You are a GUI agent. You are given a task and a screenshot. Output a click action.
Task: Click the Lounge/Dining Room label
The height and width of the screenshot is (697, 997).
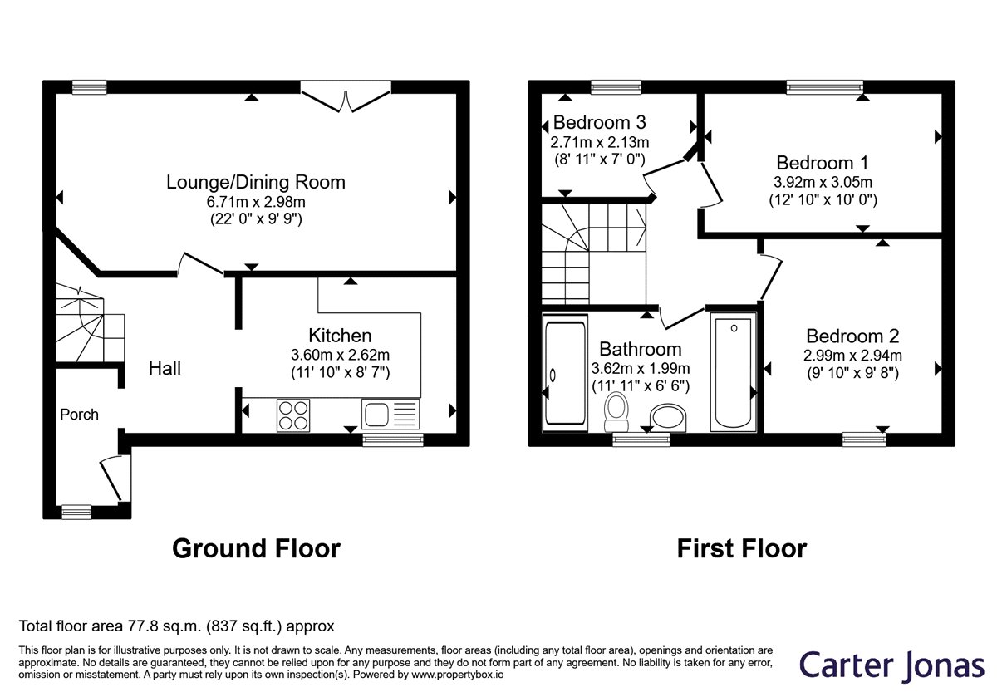(x=256, y=183)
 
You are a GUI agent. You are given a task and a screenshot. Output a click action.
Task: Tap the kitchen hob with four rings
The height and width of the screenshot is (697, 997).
(x=293, y=415)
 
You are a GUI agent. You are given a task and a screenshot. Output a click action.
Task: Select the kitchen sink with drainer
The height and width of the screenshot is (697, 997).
(x=390, y=414)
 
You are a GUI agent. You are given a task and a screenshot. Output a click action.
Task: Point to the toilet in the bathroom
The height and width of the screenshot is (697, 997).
(x=616, y=412)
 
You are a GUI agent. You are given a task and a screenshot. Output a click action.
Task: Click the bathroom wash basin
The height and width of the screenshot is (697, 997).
(x=668, y=418)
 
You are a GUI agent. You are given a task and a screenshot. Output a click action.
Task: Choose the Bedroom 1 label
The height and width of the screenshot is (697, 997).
(x=823, y=163)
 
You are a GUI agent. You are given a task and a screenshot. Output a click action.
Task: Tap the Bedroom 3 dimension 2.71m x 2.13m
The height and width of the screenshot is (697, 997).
(x=600, y=142)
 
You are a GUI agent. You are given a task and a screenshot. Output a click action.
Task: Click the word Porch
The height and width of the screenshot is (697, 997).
(x=79, y=415)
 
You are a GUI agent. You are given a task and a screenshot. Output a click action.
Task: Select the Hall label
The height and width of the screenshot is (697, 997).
(x=165, y=369)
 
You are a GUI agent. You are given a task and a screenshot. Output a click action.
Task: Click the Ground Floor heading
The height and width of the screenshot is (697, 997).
(x=257, y=548)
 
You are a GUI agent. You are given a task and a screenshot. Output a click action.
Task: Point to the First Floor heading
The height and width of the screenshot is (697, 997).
(x=742, y=548)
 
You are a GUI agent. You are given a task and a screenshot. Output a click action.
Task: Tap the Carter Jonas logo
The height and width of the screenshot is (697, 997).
(x=891, y=665)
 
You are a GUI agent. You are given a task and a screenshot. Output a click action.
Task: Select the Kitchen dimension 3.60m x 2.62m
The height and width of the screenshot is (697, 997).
(x=341, y=356)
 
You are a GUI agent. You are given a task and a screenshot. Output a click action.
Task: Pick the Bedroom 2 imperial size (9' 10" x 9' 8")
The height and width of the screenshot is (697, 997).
(x=852, y=372)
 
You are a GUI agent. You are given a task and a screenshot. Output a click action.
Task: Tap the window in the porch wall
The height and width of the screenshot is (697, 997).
(x=76, y=512)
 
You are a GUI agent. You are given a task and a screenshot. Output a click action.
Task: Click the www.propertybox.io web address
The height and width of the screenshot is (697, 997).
(x=458, y=675)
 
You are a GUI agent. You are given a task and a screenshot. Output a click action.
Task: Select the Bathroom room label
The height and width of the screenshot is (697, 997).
(x=641, y=350)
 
